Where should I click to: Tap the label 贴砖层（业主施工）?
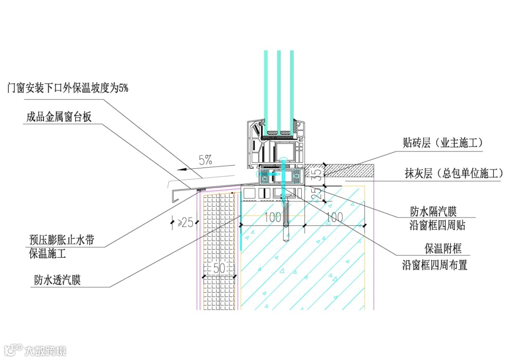443,142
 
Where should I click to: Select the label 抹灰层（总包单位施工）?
453,174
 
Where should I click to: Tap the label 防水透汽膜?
57,280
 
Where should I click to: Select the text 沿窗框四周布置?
434,265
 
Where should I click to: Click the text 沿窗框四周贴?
437,225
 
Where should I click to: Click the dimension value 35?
318,175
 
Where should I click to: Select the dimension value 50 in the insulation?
218,268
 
